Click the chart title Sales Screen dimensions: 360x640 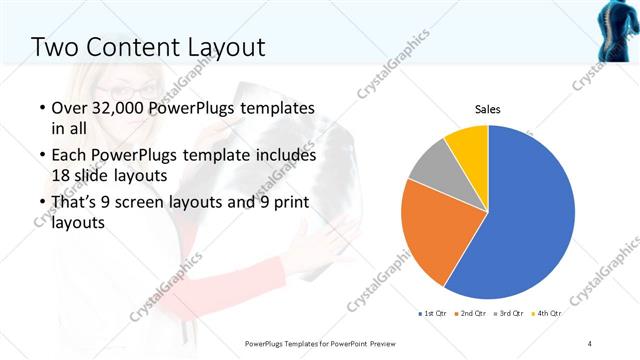[x=487, y=109]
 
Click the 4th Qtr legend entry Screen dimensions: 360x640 [x=548, y=314]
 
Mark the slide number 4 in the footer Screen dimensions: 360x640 [x=590, y=343]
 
